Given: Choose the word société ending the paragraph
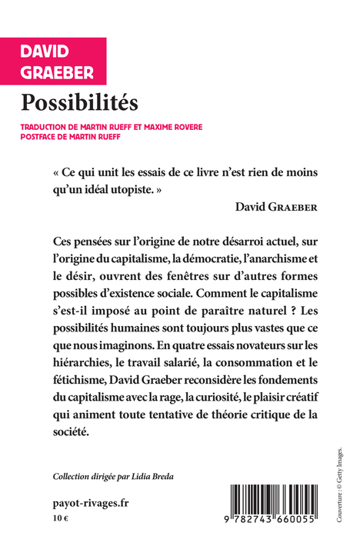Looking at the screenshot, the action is (72, 431).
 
